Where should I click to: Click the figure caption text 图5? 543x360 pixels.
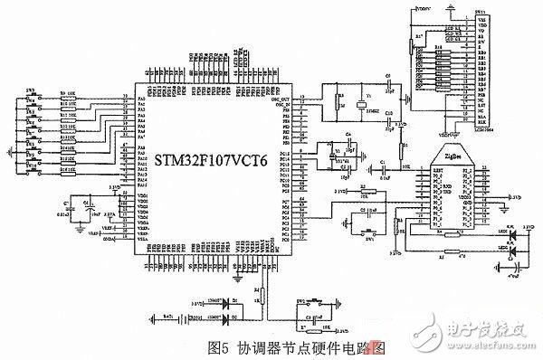tap(221, 346)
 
